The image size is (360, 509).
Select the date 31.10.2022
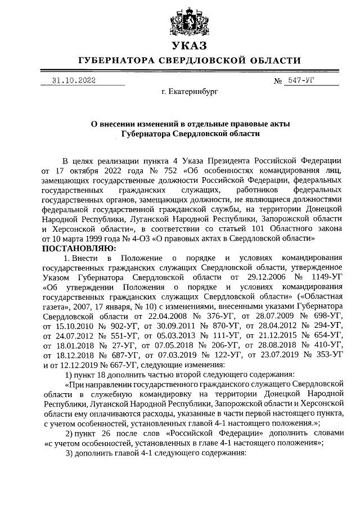pos(74,80)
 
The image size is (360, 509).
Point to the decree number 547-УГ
pos(305,80)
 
